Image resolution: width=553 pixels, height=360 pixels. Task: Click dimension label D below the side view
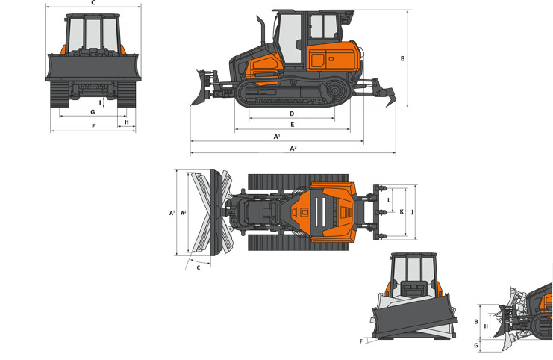click(x=292, y=114)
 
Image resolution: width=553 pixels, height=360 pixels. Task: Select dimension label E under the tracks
click(x=292, y=125)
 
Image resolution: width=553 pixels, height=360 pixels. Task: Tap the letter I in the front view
click(x=100, y=103)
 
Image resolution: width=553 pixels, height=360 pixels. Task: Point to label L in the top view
click(x=389, y=200)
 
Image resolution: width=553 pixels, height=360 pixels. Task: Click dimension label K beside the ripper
click(x=402, y=212)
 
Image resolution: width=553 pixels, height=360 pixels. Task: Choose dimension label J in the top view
click(x=412, y=212)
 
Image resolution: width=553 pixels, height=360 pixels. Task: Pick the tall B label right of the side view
click(x=402, y=58)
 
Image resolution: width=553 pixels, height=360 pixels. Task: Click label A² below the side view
click(x=293, y=149)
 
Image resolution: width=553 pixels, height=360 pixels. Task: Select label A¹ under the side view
click(x=277, y=136)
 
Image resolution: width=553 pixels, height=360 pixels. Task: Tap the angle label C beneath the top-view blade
click(x=199, y=267)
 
